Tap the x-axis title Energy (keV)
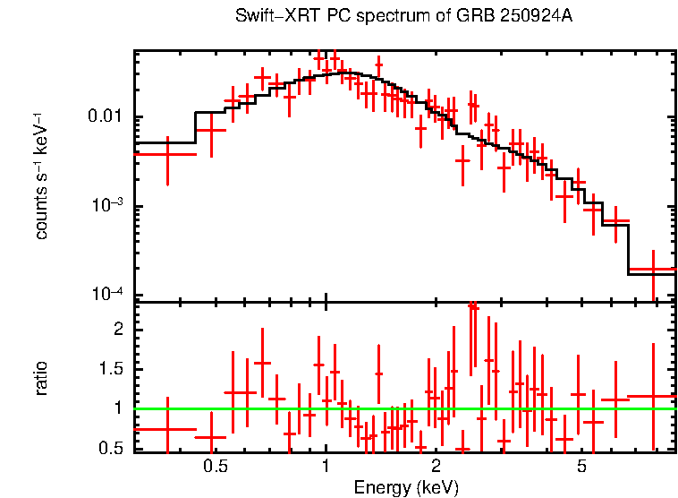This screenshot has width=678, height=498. (x=406, y=487)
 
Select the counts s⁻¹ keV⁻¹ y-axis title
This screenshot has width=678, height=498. (x=41, y=176)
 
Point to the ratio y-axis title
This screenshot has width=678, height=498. (x=41, y=378)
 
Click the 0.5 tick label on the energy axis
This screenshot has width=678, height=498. (x=214, y=467)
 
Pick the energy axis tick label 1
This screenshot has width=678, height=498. (x=326, y=467)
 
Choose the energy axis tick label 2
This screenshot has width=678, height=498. (x=436, y=467)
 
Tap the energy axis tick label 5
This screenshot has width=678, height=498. (x=581, y=467)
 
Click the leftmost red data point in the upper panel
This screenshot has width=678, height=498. (x=166, y=154)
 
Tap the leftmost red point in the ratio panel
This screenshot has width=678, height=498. (x=166, y=429)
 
